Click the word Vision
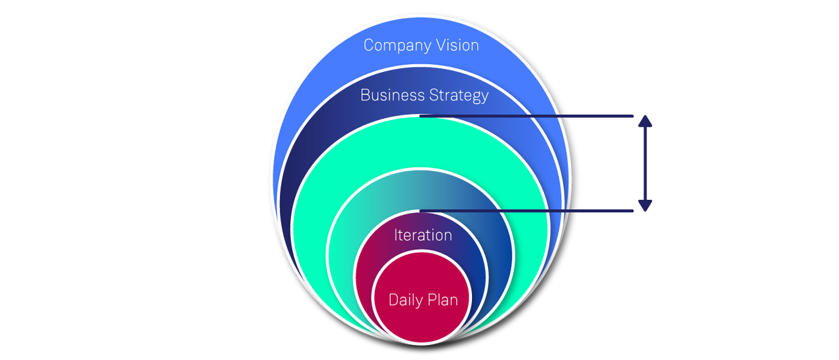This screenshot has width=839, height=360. click(456, 45)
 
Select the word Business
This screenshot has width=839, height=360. click(392, 95)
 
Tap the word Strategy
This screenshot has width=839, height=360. click(459, 96)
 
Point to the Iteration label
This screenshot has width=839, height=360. click(423, 235)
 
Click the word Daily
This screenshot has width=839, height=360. click(405, 300)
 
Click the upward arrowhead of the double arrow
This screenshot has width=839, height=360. click(645, 121)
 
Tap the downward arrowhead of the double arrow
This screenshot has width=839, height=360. click(645, 205)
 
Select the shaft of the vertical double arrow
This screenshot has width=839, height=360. click(645, 163)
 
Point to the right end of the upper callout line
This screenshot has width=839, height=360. click(632, 116)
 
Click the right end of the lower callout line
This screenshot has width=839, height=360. click(632, 210)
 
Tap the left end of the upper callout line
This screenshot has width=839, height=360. click(421, 116)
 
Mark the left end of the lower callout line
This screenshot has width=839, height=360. click(421, 210)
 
